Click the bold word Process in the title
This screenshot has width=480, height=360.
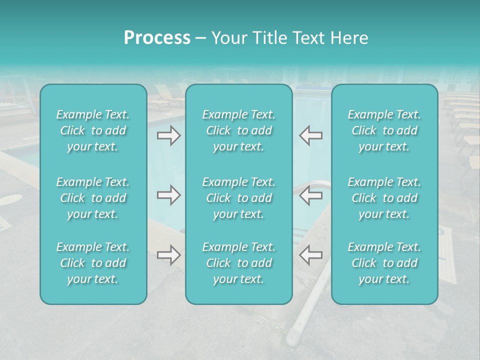click(x=157, y=38)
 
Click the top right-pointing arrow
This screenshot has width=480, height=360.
click(x=169, y=135)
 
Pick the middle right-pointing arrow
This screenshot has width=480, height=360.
click(x=169, y=195)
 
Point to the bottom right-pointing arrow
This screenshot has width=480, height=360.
click(x=169, y=255)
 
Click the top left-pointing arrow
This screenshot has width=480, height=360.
click(x=310, y=135)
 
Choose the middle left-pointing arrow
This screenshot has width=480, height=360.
click(x=310, y=195)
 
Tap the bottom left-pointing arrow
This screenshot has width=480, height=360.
click(x=310, y=255)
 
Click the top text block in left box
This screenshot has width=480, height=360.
click(x=93, y=130)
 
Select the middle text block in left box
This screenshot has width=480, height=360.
click(x=93, y=198)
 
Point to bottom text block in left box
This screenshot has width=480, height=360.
click(x=93, y=263)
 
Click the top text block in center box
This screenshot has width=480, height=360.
click(x=238, y=130)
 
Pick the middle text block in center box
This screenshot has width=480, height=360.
click(x=238, y=198)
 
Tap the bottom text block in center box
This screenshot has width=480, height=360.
click(x=238, y=263)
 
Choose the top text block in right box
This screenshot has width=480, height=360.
click(x=384, y=130)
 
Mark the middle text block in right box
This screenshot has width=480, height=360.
click(x=384, y=198)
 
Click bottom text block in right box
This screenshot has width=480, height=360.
click(x=384, y=263)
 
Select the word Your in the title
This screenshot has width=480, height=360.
click(x=227, y=38)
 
